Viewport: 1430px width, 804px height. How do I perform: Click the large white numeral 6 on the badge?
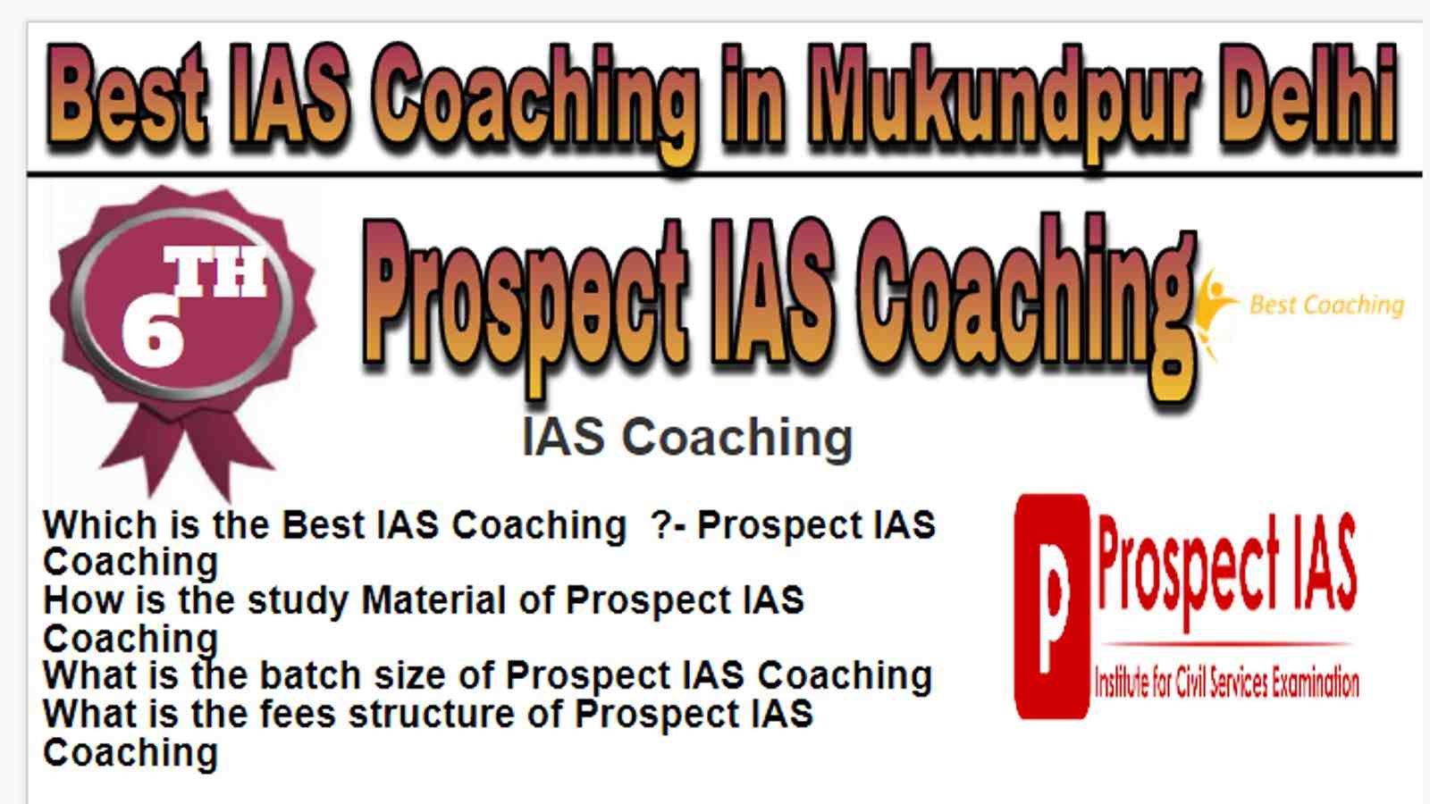[153, 331]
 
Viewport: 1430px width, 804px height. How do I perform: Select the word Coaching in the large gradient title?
[1027, 306]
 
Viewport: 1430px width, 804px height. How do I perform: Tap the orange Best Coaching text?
[1326, 305]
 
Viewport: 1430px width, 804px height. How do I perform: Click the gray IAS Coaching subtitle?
[687, 438]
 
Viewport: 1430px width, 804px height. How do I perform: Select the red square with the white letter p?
[1052, 607]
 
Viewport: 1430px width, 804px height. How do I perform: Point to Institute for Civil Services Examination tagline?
[1226, 683]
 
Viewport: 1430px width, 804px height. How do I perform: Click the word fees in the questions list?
[298, 713]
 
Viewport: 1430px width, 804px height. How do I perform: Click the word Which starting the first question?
[99, 524]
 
